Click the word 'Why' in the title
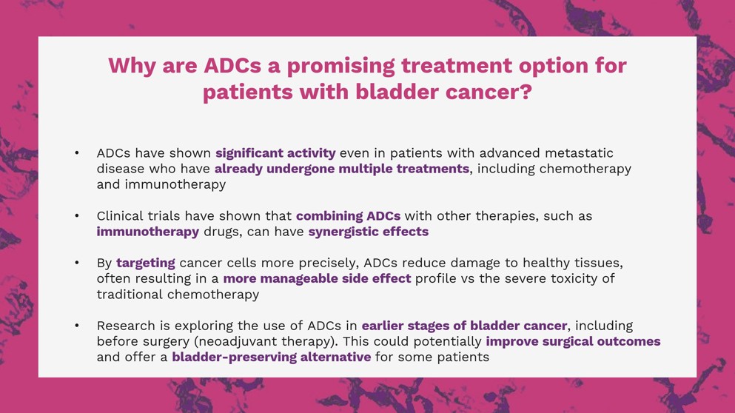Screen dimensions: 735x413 pos(132,66)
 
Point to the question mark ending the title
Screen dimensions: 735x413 pos(526,92)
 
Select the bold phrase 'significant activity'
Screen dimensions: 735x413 pos(275,153)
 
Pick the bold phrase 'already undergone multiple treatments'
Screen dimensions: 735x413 pos(342,169)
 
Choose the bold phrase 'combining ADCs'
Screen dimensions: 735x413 pos(349,216)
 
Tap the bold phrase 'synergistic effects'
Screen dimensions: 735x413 pos(369,232)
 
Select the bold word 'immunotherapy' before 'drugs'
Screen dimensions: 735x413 pos(147,232)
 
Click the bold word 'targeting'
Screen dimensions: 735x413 pos(145,263)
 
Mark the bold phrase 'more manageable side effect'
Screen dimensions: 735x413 pos(317,278)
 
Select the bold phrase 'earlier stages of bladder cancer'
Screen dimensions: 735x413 pos(464,326)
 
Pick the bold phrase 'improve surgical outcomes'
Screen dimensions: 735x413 pos(573,341)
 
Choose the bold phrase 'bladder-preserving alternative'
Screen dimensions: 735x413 pos(272,357)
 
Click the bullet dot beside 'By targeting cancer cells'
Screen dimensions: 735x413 pos(77,263)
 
